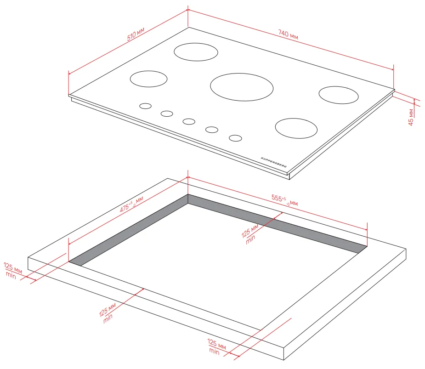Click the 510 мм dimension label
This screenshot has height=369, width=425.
tap(136, 34)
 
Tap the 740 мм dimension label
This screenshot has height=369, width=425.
tap(288, 34)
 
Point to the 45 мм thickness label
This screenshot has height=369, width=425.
tap(411, 117)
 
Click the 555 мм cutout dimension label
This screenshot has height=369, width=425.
tap(284, 200)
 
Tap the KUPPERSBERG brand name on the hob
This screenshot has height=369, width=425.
tap(274, 162)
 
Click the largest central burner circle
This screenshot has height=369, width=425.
tap(242, 87)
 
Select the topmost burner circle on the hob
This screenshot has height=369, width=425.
tap(196, 52)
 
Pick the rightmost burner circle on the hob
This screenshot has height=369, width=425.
tap(339, 95)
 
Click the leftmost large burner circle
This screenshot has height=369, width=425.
tap(148, 79)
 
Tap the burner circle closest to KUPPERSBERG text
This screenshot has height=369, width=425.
tap(296, 128)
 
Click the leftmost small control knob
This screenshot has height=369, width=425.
tap(145, 106)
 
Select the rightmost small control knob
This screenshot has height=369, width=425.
tap(235, 138)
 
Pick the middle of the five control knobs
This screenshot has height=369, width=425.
tap(189, 121)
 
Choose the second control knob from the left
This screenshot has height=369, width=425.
tap(167, 114)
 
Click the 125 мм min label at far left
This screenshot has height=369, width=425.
tap(12, 270)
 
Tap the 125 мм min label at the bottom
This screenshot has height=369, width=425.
tap(216, 346)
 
